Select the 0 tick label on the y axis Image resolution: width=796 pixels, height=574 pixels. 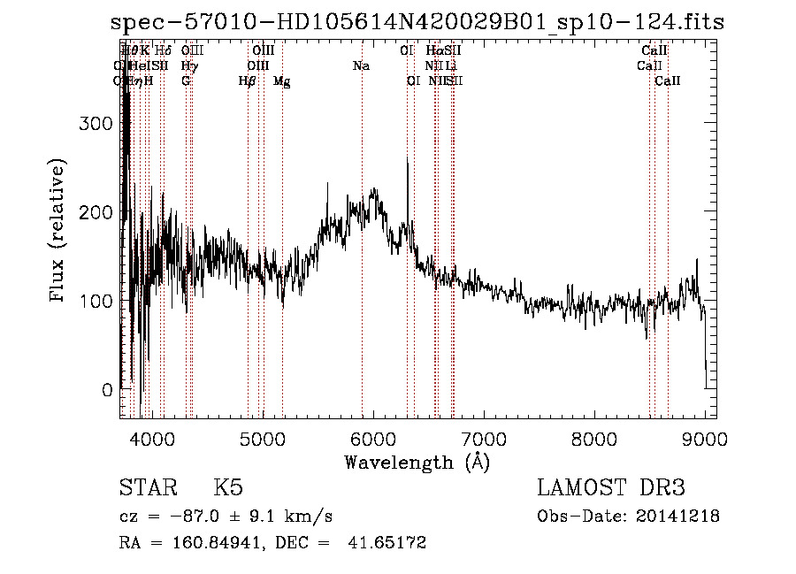108,390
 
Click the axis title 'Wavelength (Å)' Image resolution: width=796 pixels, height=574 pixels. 417,462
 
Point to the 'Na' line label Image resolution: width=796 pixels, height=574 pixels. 361,66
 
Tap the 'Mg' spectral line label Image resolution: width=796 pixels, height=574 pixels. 281,81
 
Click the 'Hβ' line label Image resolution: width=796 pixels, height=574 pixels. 248,81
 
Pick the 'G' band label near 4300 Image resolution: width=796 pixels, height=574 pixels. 186,81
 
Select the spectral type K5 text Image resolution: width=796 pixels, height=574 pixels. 228,488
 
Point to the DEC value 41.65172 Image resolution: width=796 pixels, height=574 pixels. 393,543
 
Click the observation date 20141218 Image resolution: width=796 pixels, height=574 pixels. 680,517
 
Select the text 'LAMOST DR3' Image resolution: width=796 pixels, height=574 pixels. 611,488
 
